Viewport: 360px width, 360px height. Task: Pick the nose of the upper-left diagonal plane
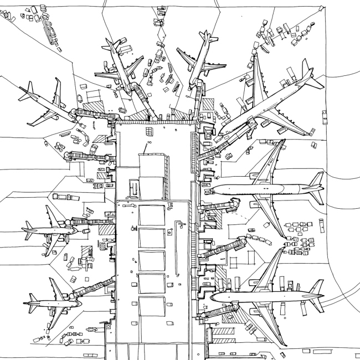(73, 114)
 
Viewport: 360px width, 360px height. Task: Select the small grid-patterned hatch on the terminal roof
(148, 131)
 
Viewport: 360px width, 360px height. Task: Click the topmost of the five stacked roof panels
(151, 215)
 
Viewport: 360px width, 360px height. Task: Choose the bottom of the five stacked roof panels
(151, 306)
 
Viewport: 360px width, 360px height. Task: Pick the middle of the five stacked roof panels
(151, 260)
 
